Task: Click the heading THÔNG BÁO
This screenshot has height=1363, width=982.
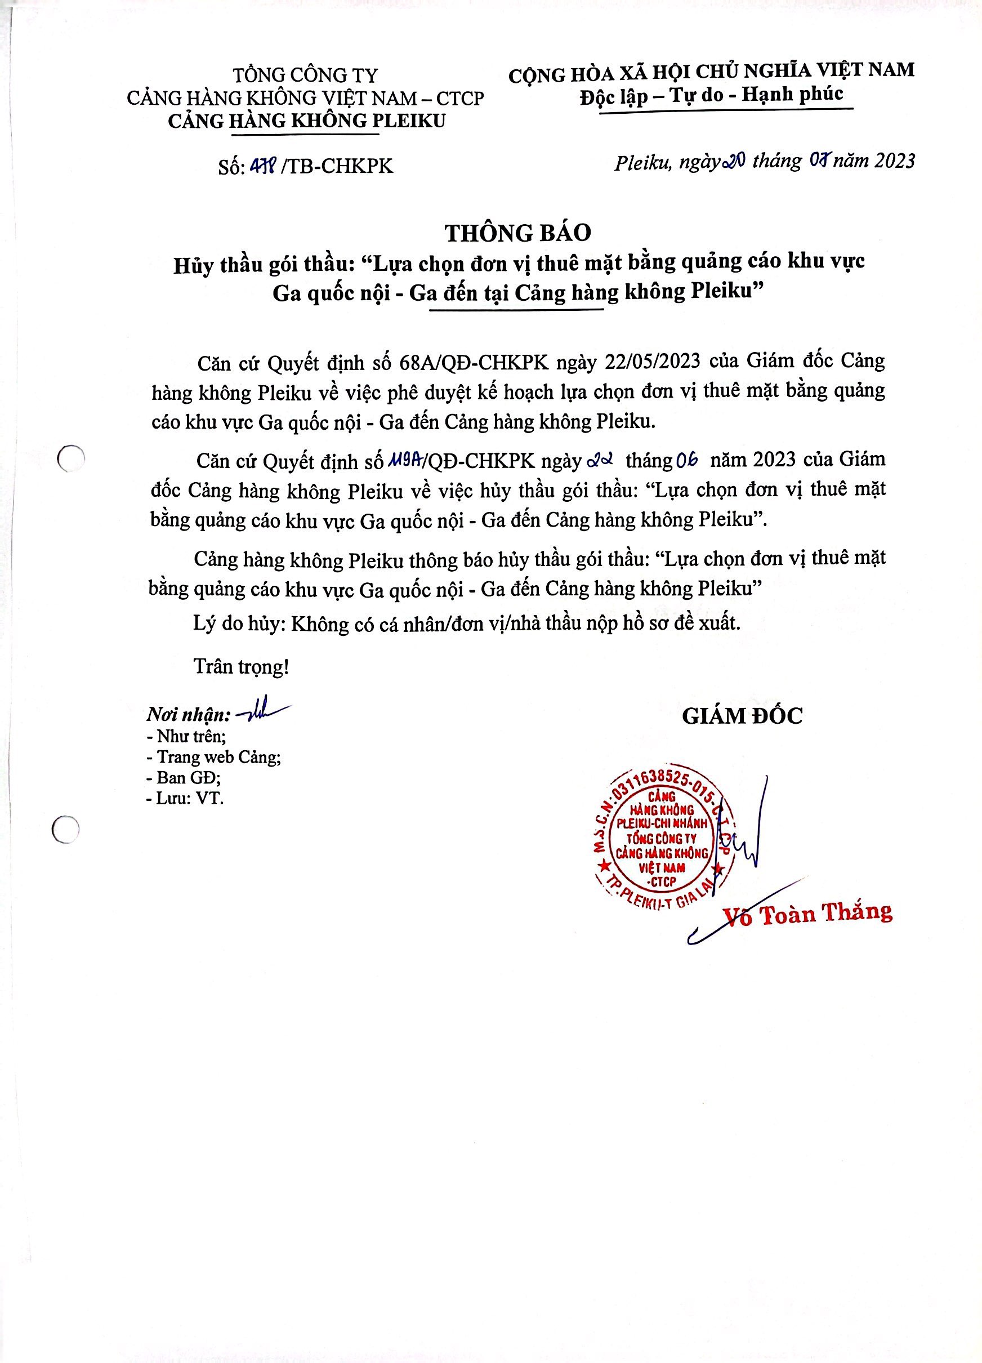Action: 517,233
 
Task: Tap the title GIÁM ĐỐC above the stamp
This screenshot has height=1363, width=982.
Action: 742,715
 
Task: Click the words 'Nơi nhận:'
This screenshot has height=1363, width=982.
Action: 189,715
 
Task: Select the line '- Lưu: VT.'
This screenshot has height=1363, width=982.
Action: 185,798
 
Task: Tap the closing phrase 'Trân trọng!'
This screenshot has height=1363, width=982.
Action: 241,666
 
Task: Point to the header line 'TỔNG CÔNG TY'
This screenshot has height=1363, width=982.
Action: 305,75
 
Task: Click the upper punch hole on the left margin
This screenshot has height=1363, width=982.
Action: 70,460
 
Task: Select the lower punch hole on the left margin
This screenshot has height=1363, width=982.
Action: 65,830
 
